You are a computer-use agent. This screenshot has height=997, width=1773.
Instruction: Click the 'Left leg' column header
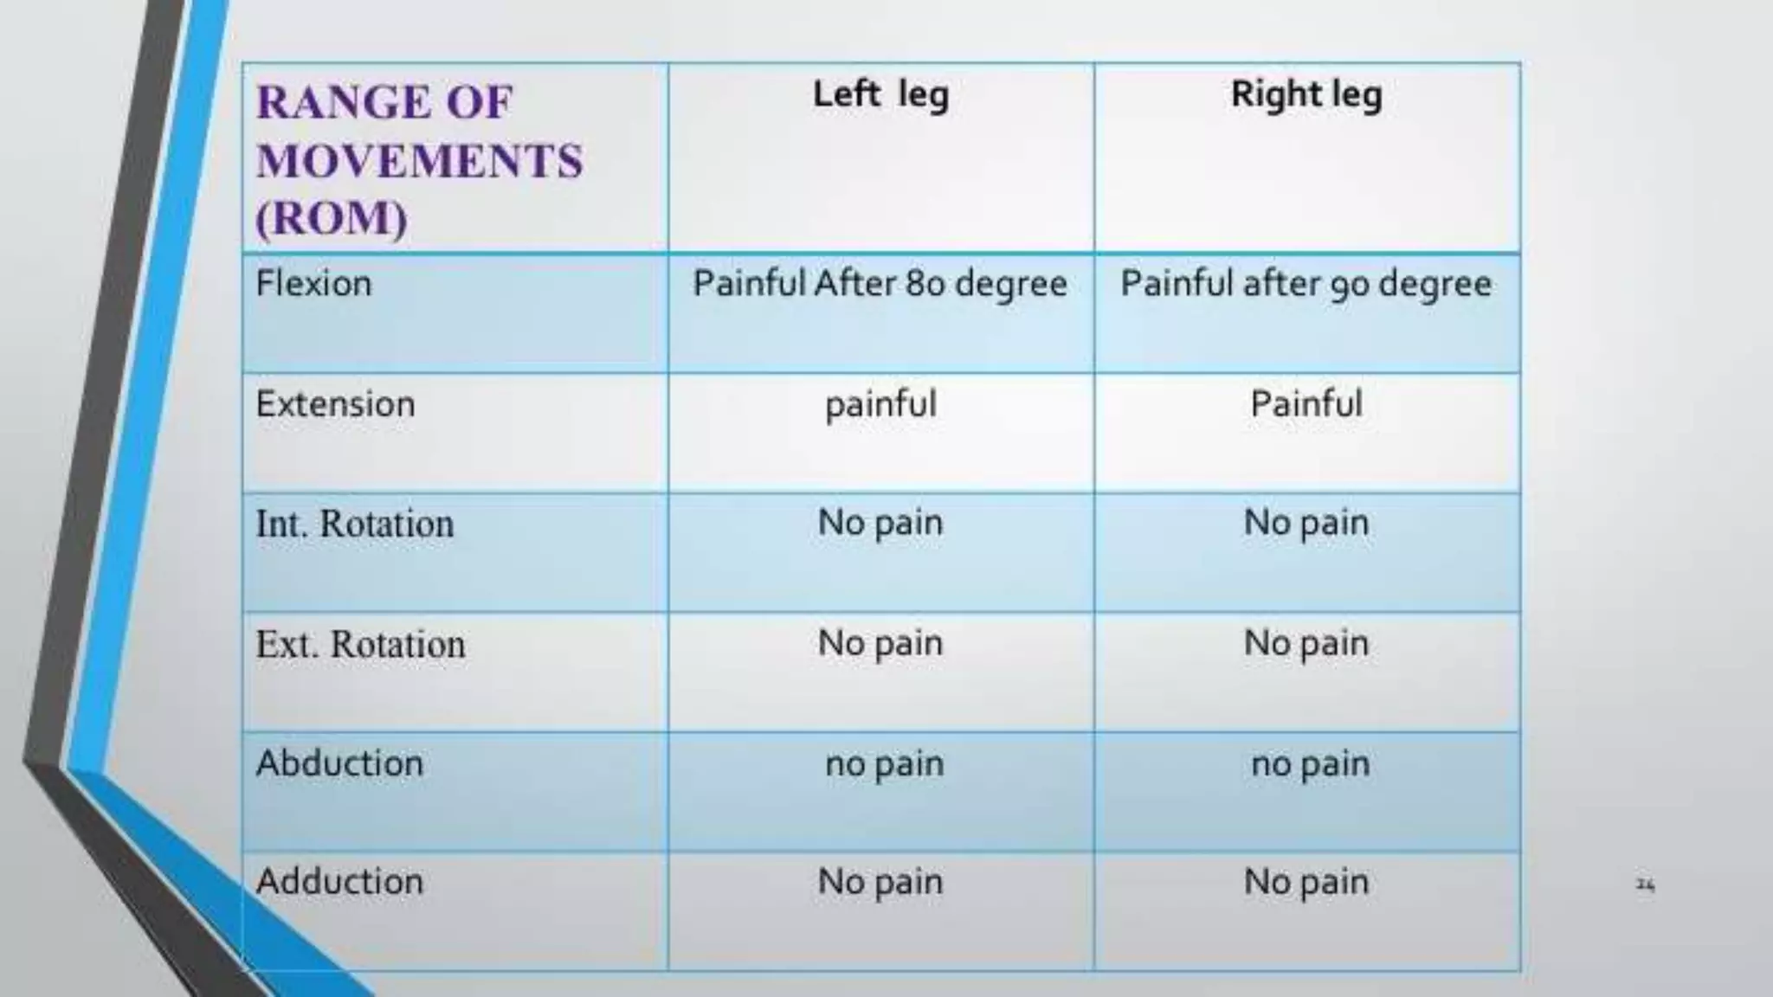point(880,95)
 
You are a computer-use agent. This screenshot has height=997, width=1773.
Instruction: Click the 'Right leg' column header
point(1306,95)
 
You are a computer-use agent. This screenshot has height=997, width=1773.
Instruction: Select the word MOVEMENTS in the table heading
point(420,161)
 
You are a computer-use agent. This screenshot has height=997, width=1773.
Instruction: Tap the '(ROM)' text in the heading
point(332,217)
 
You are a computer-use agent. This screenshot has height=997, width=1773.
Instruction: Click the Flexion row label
point(313,284)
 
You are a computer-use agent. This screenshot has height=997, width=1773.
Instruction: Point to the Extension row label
point(335,404)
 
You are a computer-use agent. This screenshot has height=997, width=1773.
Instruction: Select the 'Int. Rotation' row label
point(354,524)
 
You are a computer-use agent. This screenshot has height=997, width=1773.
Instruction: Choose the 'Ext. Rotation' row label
point(360,644)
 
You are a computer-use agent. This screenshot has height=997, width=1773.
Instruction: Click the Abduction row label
point(339,763)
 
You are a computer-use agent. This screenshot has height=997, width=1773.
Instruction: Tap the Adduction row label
point(339,882)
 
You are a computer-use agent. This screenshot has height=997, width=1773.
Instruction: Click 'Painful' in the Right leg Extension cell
point(1306,404)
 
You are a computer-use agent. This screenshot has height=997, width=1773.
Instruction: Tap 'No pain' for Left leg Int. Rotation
point(880,524)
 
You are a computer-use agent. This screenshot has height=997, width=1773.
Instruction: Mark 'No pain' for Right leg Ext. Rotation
point(1306,644)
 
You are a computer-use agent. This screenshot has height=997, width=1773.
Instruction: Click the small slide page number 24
point(1645,884)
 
